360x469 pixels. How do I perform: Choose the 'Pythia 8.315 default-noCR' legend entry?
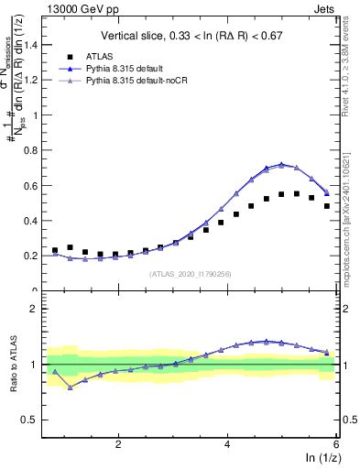pos(137,81)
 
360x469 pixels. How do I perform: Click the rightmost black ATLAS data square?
pos(327,206)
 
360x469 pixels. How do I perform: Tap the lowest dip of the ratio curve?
pos(70,387)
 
